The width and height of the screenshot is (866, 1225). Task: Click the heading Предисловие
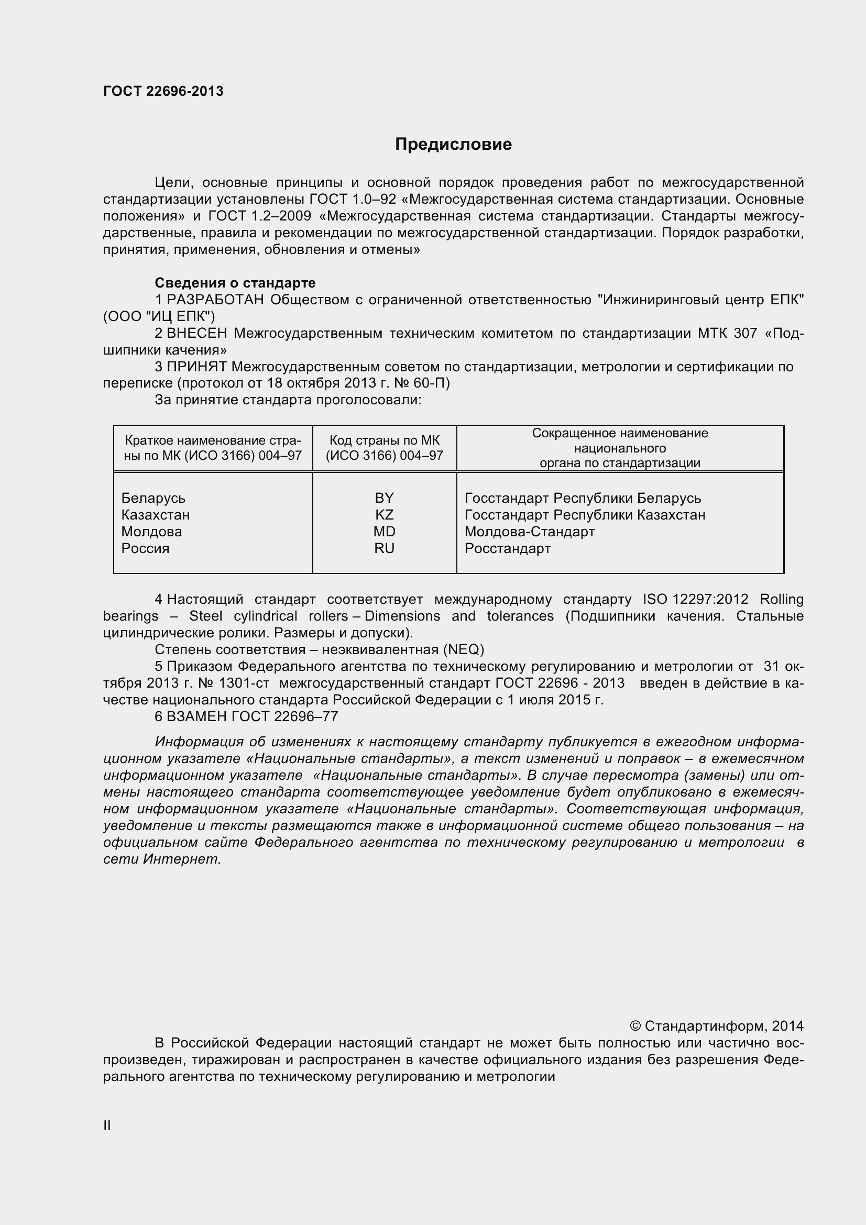pos(453,144)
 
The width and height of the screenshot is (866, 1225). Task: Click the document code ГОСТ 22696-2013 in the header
pos(163,91)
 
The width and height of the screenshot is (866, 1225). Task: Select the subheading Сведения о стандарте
pos(235,283)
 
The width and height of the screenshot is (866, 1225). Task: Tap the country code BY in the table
pos(383,498)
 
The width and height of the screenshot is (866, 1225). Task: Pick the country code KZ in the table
pos(383,515)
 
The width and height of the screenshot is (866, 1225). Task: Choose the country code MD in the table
pos(383,532)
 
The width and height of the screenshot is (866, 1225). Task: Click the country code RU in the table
pos(383,548)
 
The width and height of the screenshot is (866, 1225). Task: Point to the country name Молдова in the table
pos(151,532)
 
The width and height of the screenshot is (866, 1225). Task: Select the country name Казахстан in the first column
pos(155,515)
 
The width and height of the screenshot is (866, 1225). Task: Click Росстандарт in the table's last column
pos(508,548)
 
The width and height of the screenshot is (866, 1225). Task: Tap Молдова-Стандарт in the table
pos(529,532)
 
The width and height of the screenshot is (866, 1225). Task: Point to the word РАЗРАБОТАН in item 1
pos(215,300)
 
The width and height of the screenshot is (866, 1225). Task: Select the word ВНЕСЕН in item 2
pos(197,334)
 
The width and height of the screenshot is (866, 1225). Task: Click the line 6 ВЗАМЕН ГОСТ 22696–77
pos(247,716)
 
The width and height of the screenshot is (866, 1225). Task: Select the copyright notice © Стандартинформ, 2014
pos(717,1026)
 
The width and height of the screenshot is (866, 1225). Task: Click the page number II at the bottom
pos(107,1126)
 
